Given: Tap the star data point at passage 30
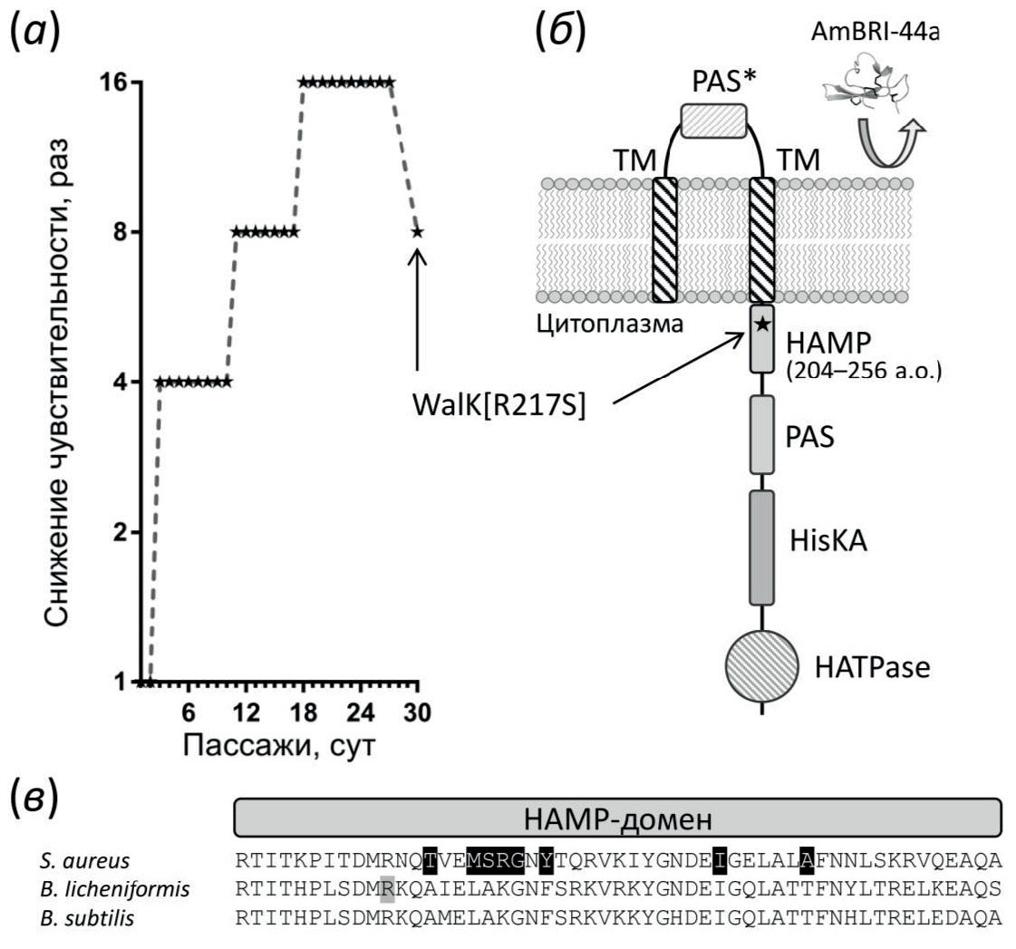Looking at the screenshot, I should point(417,231).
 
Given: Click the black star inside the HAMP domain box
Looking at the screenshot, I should point(762,323).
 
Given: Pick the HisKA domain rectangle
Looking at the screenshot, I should point(761,547).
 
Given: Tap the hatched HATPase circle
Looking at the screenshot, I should point(761,668).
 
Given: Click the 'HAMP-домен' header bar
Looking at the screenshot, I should point(617,818).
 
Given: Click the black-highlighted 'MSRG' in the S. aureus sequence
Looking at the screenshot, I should point(495,859).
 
